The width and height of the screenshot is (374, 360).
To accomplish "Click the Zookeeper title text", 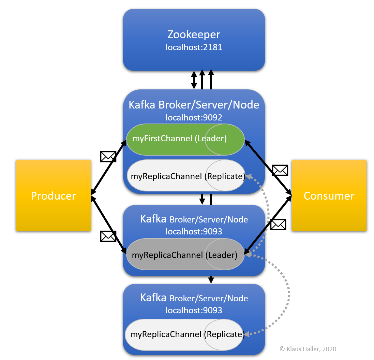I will (x=194, y=34).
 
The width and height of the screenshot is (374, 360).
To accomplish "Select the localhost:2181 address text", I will (x=194, y=47).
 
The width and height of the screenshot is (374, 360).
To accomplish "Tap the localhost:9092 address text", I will (x=194, y=118).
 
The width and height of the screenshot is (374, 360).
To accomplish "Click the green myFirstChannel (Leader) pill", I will (x=185, y=139).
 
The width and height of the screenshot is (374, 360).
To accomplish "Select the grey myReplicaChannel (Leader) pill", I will (x=185, y=255).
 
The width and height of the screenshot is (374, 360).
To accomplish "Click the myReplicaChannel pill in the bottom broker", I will (x=184, y=334).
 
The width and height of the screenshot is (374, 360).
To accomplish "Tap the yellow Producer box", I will (x=53, y=196).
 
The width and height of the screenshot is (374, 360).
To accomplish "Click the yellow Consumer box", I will (x=329, y=196).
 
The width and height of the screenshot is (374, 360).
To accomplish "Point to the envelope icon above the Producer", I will (x=108, y=157).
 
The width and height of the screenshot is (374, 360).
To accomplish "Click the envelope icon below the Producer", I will (x=108, y=236).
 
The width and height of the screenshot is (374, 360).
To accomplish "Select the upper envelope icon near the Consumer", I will (x=280, y=170).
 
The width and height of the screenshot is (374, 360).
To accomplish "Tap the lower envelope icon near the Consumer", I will (x=278, y=224).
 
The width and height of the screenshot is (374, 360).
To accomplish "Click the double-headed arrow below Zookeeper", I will (x=194, y=80).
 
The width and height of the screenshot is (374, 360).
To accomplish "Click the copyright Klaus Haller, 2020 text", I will (x=308, y=349).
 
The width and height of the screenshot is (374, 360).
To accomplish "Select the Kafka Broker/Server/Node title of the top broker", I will (x=194, y=104).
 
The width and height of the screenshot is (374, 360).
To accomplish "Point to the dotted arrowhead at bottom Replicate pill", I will (x=247, y=334).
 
